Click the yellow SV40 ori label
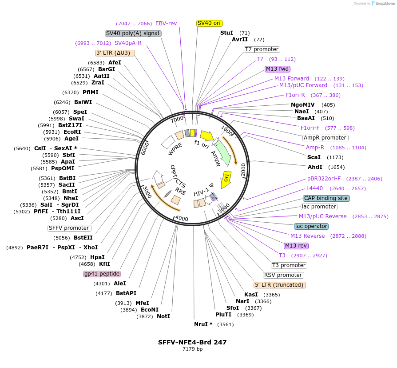click(209, 23)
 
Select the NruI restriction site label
click(203, 324)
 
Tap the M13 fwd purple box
click(278, 69)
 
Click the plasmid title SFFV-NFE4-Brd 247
click(192, 342)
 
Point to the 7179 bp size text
click(192, 349)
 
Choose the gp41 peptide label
click(102, 274)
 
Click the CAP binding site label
click(326, 198)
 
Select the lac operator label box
click(311, 226)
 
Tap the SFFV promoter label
click(69, 228)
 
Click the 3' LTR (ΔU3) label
click(115, 53)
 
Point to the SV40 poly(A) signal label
click(133, 33)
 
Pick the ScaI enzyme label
click(314, 157)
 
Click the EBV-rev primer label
click(166, 24)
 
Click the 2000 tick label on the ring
click(243, 170)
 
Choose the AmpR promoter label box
click(325, 138)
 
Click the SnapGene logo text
click(385, 4)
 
